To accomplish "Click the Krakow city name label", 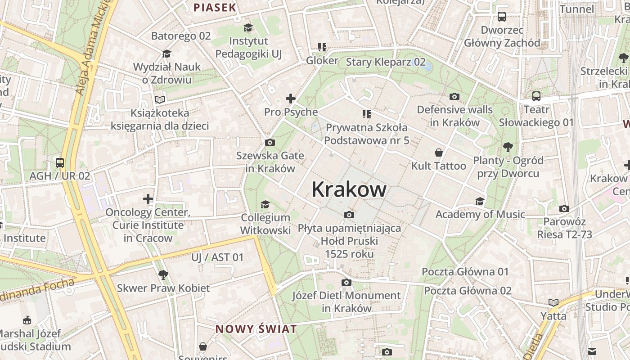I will pyautogui.click(x=349, y=189).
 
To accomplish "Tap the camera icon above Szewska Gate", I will pyautogui.click(x=270, y=143).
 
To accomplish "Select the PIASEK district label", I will pyautogui.click(x=215, y=7).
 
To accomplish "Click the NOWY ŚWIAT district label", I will pyautogui.click(x=256, y=329).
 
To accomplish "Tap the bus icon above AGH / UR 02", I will pyautogui.click(x=60, y=163).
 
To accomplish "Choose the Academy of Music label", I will pyautogui.click(x=480, y=214).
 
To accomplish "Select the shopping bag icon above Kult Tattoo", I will pyautogui.click(x=439, y=153).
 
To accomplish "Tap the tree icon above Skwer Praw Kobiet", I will pyautogui.click(x=163, y=274).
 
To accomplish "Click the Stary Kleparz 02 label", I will pyautogui.click(x=386, y=62).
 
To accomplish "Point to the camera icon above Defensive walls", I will pyautogui.click(x=454, y=96).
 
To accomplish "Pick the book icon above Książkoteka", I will pyautogui.click(x=160, y=99).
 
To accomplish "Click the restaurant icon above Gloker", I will pyautogui.click(x=322, y=47).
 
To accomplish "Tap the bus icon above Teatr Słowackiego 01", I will pyautogui.click(x=536, y=96).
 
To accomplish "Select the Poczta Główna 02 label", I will pyautogui.click(x=468, y=291).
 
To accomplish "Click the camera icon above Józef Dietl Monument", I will pyautogui.click(x=346, y=283).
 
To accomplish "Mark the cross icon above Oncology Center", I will pyautogui.click(x=148, y=199).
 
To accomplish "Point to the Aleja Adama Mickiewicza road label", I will pyautogui.click(x=93, y=49).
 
